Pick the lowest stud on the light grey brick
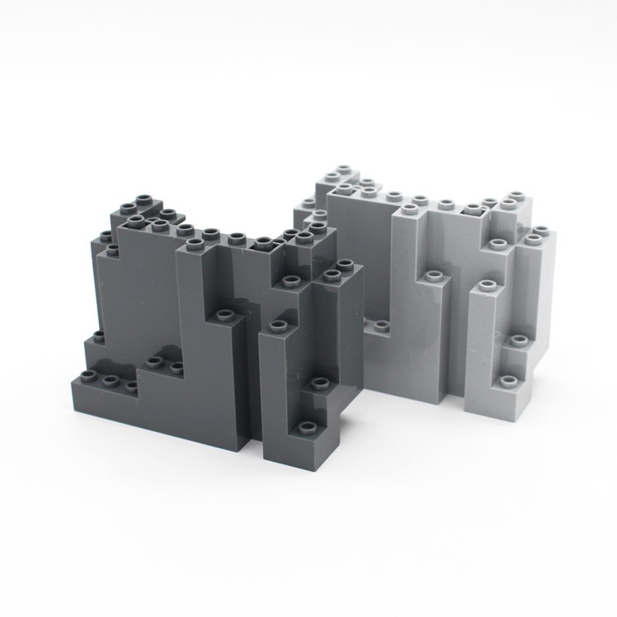coord(507,382)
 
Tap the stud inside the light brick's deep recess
coord(375,325)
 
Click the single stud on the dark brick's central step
coord(224,315)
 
